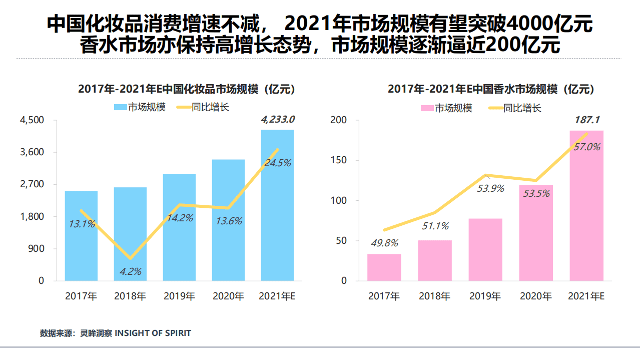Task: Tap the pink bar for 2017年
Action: pos(384,267)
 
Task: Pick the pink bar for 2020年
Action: pos(536,233)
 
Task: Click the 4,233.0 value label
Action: pos(278,120)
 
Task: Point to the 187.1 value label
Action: pos(586,120)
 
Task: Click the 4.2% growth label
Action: pos(130,272)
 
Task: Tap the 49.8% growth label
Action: pos(384,243)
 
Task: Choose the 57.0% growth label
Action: pos(586,147)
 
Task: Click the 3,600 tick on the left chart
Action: pos(32,152)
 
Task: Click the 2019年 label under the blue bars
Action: pos(179,296)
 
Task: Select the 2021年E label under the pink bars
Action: pos(586,296)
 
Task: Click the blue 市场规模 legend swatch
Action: pos(120,107)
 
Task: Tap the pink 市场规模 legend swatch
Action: pos(426,108)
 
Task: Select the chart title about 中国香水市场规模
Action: pos(491,89)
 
